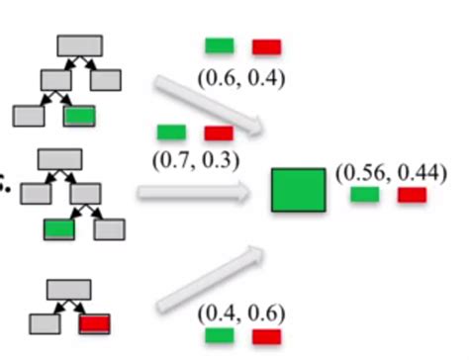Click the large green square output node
coord(299,190)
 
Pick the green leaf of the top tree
coord(79,115)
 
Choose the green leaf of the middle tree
coord(59,229)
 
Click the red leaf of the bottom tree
coord(95,322)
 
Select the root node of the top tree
coord(79,45)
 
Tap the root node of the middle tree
coord(58,160)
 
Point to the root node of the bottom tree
coord(69,289)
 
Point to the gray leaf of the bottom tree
coord(44,322)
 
